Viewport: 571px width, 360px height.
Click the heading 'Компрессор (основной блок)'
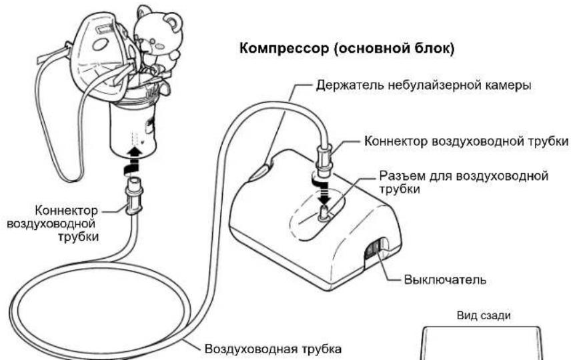pyautogui.click(x=347, y=48)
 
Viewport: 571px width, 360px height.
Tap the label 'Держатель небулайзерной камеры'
pyautogui.click(x=423, y=85)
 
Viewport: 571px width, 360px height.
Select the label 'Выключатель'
pyautogui.click(x=445, y=279)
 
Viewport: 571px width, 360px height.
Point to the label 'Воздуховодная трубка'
pyautogui.click(x=273, y=349)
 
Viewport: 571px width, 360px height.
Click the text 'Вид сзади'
pyautogui.click(x=484, y=315)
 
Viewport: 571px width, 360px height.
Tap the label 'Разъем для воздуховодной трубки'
pyautogui.click(x=464, y=182)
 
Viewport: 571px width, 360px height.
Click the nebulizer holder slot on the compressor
pyautogui.click(x=261, y=171)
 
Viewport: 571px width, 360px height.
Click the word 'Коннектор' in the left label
pyautogui.click(x=67, y=211)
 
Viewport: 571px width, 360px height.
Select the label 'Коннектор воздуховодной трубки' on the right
pyautogui.click(x=466, y=141)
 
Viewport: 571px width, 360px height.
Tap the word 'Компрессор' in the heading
pyautogui.click(x=284, y=48)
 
